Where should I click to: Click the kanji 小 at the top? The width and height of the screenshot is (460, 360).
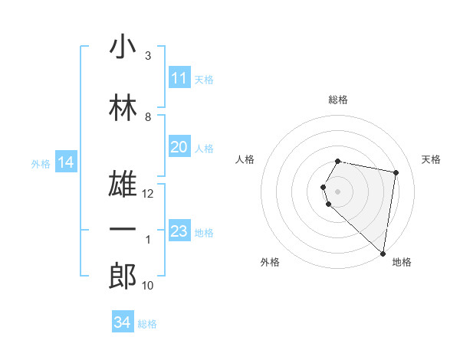coord(123,47)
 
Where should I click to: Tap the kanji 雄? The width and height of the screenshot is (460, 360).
coord(123,185)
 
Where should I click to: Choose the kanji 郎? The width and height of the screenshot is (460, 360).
coord(123,277)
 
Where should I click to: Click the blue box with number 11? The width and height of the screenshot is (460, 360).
coord(179,78)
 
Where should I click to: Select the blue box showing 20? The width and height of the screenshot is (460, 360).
coord(179,148)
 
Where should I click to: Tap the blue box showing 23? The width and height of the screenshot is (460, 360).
coord(179,231)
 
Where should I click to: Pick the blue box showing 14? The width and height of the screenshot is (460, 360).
coord(66,162)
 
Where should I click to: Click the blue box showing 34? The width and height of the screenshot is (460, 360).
coord(122,323)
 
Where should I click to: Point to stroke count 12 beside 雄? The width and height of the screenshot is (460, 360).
coord(148,194)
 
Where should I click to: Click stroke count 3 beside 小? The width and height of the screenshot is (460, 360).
coord(148,56)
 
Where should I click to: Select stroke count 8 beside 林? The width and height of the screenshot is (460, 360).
coord(148,117)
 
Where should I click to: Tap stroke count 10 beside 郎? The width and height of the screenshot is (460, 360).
coord(148,286)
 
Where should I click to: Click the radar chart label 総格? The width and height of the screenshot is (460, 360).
coord(338,100)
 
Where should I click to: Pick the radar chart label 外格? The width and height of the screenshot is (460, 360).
coord(270,262)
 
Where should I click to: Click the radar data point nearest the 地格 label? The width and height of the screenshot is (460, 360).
coord(383,254)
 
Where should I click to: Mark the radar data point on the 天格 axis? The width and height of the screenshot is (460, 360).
coord(396,172)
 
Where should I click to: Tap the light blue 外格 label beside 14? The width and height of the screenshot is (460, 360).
coord(41,163)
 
